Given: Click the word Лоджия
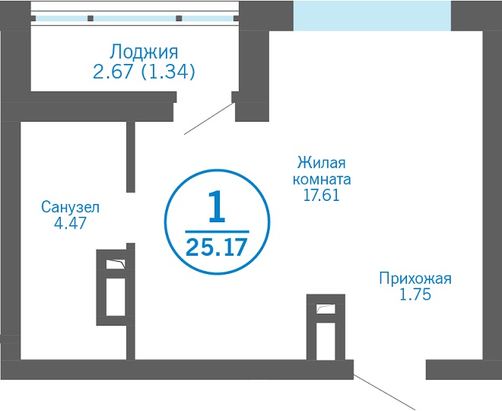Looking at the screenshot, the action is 144,53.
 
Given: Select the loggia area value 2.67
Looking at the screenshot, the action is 113,72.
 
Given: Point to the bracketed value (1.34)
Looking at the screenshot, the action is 168,72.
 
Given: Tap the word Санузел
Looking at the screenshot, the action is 71,207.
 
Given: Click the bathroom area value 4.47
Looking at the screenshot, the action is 71,223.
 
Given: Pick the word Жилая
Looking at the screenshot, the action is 322,163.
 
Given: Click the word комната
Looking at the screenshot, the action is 322,180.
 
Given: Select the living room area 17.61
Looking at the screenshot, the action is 322,196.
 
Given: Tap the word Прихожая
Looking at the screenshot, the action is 415,279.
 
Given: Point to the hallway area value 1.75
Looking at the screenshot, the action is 415,295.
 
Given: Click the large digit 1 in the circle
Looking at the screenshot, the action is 217,206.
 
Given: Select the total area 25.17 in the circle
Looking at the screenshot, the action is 217,247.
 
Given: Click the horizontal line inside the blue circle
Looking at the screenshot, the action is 217,231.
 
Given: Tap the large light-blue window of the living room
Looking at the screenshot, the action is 372,16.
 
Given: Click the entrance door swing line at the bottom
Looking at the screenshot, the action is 384,392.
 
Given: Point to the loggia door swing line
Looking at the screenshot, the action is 208,119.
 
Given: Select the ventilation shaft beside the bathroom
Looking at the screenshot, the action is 116,288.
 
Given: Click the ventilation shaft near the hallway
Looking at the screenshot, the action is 326,327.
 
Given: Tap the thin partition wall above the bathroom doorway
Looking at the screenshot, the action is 131,157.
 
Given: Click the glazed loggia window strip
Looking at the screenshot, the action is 135,18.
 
